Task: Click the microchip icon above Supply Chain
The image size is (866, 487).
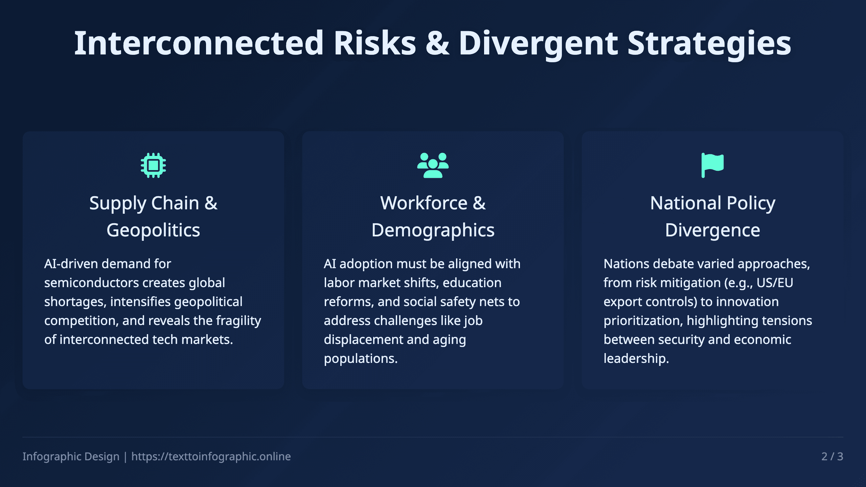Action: (153, 165)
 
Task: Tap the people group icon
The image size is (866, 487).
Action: (433, 165)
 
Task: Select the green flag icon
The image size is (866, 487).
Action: (712, 165)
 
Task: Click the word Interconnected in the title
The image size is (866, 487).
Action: (199, 43)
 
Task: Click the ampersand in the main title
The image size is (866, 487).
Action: (437, 43)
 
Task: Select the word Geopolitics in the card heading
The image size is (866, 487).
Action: (153, 231)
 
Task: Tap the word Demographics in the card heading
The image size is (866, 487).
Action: (433, 231)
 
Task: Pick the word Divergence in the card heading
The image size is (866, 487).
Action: (712, 231)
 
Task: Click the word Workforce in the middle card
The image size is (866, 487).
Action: (424, 203)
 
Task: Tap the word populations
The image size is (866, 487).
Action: (361, 359)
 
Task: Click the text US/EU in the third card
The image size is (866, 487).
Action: (775, 283)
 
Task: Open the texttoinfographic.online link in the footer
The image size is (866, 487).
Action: (211, 457)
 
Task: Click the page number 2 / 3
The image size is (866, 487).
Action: (832, 457)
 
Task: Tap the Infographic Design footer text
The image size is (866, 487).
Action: (71, 457)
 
